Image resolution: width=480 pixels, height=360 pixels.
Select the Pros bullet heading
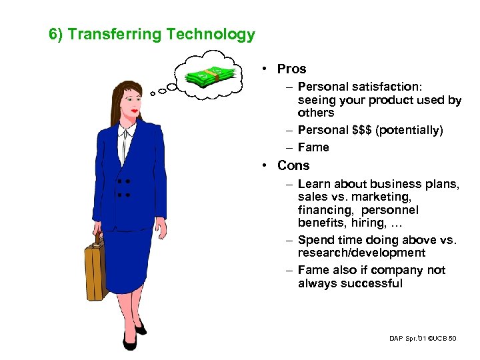[292, 69]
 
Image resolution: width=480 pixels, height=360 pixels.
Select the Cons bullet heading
[293, 165]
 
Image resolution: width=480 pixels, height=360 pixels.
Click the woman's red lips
[136, 110]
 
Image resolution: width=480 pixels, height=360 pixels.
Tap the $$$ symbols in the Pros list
[361, 130]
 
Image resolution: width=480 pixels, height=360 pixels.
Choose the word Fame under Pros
[313, 147]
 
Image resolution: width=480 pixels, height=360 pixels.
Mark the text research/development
[361, 253]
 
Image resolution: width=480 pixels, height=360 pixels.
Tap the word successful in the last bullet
[372, 283]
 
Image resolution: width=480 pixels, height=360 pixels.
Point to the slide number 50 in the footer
[453, 339]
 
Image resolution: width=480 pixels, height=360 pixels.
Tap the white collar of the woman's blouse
[124, 140]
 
